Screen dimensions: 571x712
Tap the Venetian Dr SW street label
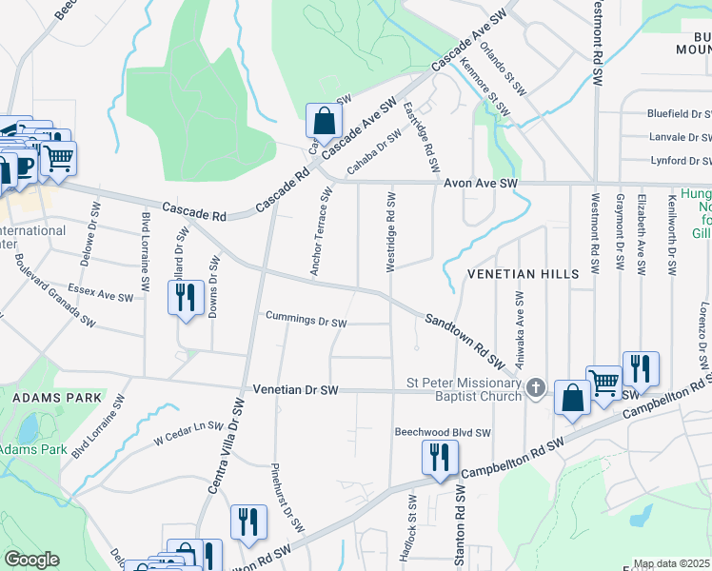pos(296,390)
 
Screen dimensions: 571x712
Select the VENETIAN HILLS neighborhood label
pos(523,274)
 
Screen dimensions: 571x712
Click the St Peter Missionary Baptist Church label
pos(465,389)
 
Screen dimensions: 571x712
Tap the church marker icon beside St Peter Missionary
pos(536,387)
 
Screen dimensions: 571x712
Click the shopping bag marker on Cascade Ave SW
pos(324,122)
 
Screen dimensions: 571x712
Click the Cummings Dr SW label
pos(306,321)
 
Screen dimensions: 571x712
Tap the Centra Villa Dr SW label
pos(226,446)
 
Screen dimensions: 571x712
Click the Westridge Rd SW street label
pos(390,232)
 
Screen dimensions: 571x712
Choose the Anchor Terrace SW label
pos(320,232)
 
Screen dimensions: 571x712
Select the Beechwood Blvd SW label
pos(443,432)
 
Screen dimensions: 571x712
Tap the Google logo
pos(31,560)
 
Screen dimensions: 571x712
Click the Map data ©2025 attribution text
pos(672,564)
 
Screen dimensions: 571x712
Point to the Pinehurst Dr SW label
pos(287,498)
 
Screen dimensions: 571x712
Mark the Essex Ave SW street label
pos(100,291)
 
